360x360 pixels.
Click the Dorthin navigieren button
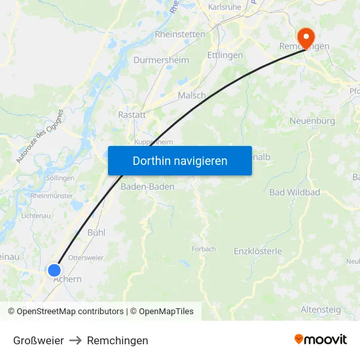(x=180, y=160)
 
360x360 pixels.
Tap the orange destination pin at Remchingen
(x=305, y=37)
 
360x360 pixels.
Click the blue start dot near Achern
(x=54, y=270)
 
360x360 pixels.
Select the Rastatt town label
(x=132, y=114)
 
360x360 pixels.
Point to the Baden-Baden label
(x=148, y=187)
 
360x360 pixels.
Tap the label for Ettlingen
(x=225, y=56)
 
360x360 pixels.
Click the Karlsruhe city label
(x=224, y=7)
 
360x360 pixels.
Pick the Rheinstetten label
(x=180, y=34)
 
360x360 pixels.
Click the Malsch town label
(x=192, y=95)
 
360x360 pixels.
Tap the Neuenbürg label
(x=312, y=121)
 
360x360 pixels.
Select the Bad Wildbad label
(x=295, y=192)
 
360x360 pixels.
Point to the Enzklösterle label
(x=258, y=251)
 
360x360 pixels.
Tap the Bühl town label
(x=96, y=232)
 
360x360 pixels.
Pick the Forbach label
(x=204, y=249)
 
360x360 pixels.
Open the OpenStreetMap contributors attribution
(x=70, y=312)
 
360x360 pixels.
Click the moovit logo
(x=321, y=340)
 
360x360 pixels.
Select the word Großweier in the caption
(x=39, y=340)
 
